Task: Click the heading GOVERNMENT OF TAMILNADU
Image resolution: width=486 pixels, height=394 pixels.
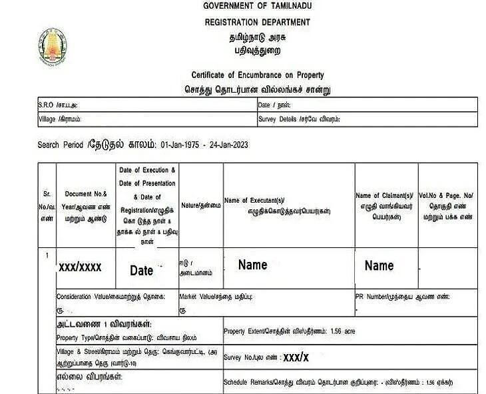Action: [x=256, y=7]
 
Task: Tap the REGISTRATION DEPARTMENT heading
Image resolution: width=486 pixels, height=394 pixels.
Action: [x=256, y=22]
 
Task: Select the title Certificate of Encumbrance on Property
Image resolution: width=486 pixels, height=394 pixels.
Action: [x=256, y=76]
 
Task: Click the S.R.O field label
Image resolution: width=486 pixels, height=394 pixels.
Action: [x=57, y=105]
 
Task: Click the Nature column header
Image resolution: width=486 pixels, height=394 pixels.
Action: [x=200, y=206]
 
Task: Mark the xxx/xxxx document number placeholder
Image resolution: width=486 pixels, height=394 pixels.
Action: [x=80, y=267]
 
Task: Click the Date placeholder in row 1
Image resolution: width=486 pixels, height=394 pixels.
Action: [x=142, y=271]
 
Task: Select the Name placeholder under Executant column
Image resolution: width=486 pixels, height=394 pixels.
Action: [x=253, y=265]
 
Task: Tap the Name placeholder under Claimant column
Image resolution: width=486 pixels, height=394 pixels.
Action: [x=379, y=265]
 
